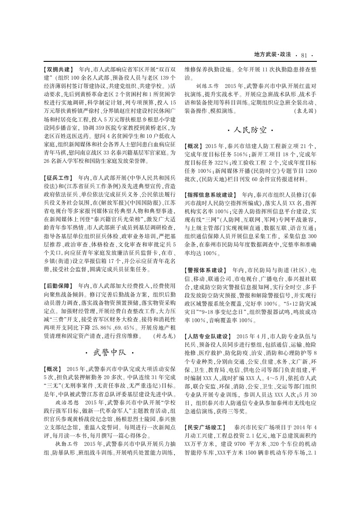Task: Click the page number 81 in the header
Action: [x=304, y=54]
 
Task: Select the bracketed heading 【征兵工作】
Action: [x=59, y=178]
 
